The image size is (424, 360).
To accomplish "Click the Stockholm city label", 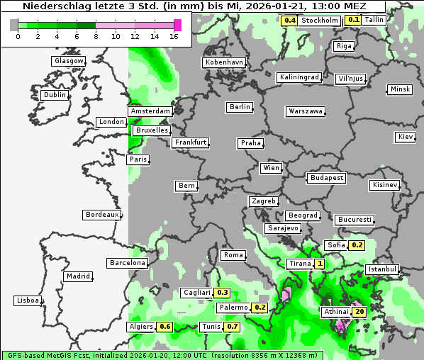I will coord(318,20).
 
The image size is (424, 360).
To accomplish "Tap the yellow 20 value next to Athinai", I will coord(359,312).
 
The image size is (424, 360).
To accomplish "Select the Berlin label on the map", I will coord(240,107).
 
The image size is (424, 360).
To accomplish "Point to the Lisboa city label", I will coord(28,300).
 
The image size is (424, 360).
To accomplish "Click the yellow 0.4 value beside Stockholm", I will coord(289,20).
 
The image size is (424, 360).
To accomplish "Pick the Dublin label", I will coord(55,95).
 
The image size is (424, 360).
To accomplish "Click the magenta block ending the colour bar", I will coord(177,25).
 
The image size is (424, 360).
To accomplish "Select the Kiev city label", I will coord(406,137).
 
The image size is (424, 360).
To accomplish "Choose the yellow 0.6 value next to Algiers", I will coord(165,327).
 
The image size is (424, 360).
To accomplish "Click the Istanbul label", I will coord(382,270).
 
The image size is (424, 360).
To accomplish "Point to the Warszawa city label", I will coord(306,111).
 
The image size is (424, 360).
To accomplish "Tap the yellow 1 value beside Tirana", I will coord(320,264).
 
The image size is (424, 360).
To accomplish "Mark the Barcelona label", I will coord(128,263).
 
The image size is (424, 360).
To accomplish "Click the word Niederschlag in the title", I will coord(53,6).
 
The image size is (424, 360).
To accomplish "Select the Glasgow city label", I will coord(69,61).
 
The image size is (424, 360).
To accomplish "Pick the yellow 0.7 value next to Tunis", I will coord(232,327).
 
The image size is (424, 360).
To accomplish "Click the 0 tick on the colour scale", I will coord(17,35).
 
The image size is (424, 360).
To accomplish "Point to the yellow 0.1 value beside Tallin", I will coord(353,20).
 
